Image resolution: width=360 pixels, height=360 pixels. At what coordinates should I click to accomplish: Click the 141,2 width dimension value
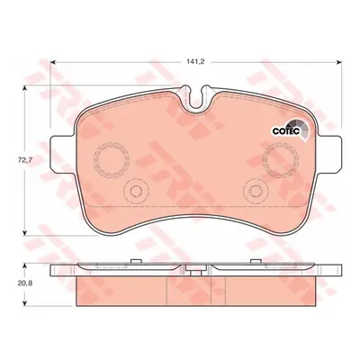[195, 62]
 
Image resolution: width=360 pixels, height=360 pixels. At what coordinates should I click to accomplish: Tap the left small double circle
[136, 191]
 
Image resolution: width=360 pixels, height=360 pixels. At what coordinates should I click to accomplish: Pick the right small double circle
[256, 191]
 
